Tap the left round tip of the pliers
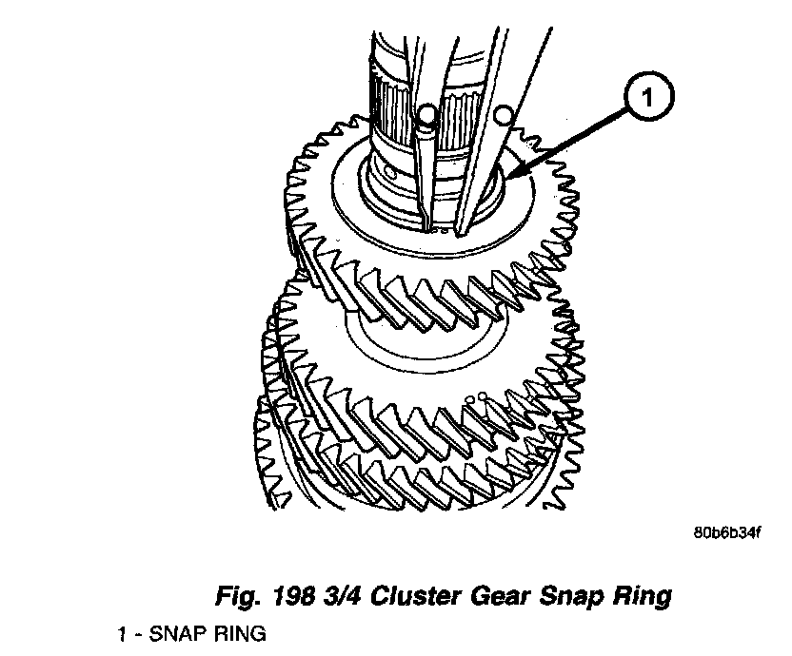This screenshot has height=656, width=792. [426, 116]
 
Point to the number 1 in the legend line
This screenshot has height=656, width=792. [122, 631]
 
